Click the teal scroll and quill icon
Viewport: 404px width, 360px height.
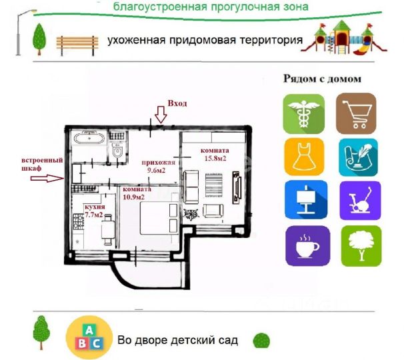point(357,158)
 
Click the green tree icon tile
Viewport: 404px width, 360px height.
point(361,246)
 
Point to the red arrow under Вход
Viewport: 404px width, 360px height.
point(160,115)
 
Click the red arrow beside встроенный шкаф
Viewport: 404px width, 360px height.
point(56,178)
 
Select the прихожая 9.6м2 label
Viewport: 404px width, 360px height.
point(158,166)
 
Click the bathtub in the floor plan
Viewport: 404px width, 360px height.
point(88,140)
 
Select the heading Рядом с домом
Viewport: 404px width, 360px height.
point(323,79)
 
